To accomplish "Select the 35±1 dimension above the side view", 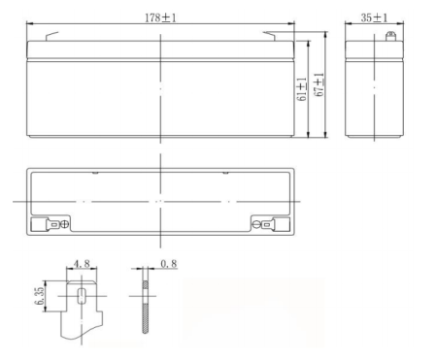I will (x=373, y=17).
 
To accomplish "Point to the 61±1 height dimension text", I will (x=303, y=89).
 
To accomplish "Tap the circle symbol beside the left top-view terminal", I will (x=65, y=225).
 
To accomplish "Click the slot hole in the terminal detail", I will (x=81, y=294).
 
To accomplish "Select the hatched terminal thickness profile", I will (x=145, y=306).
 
